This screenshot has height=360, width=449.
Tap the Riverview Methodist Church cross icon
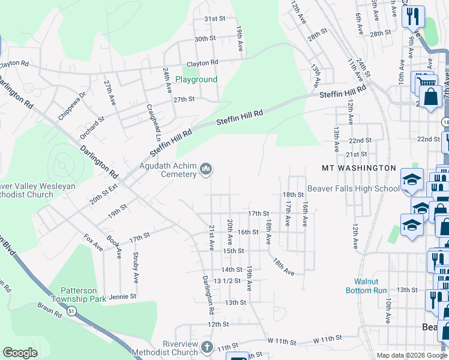206,347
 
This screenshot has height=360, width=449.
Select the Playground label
196,79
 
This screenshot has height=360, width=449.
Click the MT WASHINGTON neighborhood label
359,168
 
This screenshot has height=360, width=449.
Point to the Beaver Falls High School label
354,188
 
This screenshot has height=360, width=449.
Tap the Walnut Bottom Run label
366,286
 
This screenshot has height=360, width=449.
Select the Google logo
20,353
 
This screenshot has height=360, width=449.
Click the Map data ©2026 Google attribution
411,355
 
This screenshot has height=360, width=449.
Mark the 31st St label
214,19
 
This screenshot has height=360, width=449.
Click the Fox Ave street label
93,242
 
